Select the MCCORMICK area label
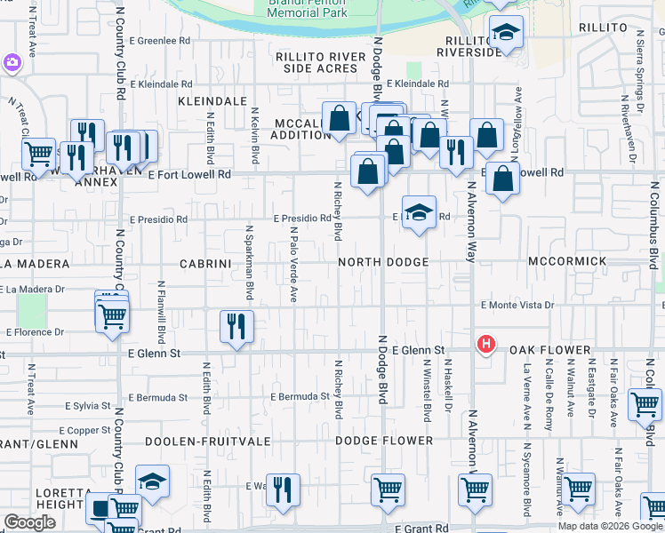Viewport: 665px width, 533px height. (x=567, y=262)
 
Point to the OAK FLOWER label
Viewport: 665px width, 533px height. (x=549, y=350)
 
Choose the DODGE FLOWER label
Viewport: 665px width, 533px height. (x=384, y=441)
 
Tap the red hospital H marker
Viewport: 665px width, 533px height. (x=486, y=343)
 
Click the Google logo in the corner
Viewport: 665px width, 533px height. (x=29, y=522)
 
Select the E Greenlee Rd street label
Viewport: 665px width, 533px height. (x=160, y=41)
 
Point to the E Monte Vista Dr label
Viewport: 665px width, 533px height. (x=517, y=305)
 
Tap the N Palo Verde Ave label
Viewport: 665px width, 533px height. (x=292, y=264)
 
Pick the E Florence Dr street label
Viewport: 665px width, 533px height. (x=36, y=332)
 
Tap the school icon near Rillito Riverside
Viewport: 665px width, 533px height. (x=506, y=34)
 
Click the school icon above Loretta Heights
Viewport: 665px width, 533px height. (x=153, y=481)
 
